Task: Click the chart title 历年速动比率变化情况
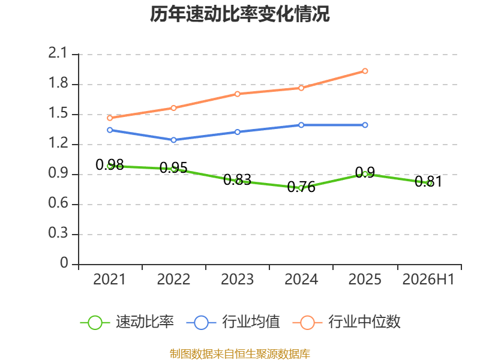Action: pos(239,14)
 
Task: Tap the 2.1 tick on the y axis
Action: pos(58,53)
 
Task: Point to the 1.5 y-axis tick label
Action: pos(58,113)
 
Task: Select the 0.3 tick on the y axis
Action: pos(58,233)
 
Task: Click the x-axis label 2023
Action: pos(237,279)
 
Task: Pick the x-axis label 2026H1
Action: pos(428,279)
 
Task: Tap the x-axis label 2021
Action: pos(110,279)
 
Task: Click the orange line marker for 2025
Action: pos(365,71)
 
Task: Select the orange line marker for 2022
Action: pos(173,108)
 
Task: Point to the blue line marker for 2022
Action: pos(173,140)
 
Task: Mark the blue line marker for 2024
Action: pos(301,125)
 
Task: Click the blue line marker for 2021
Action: pos(110,130)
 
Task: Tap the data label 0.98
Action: pos(110,164)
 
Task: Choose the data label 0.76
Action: pos(301,187)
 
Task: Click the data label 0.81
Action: pos(428,182)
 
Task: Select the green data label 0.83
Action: pos(237,179)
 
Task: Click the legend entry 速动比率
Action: pos(127,322)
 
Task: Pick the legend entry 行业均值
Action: pos(233,322)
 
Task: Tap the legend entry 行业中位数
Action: pos(347,322)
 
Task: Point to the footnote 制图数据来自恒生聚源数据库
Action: pos(240,354)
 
